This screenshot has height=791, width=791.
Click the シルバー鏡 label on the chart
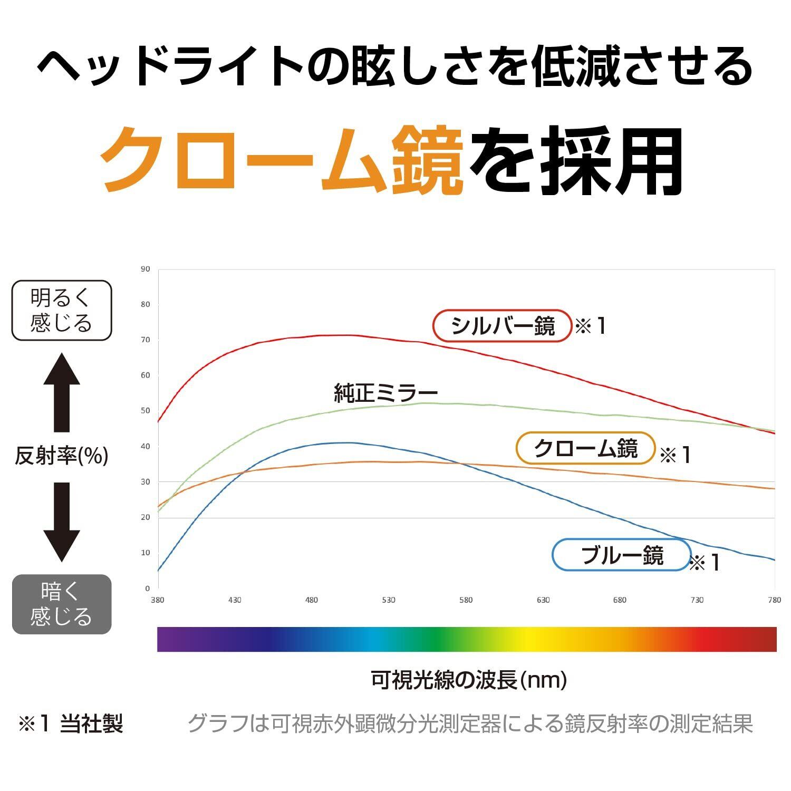[503, 326]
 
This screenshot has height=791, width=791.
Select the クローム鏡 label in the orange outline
[585, 448]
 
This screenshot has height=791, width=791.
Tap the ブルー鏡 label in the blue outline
[621, 555]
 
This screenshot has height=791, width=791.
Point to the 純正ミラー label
[386, 393]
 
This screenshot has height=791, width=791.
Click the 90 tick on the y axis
[146, 269]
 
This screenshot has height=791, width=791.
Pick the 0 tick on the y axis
[148, 589]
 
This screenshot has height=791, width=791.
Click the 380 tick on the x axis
[157, 600]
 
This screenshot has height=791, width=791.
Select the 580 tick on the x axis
[466, 600]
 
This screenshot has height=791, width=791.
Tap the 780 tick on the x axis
[775, 600]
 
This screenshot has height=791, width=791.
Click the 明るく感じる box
[62, 310]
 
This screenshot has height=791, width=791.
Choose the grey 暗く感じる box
[62, 604]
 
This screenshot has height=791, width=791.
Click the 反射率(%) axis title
[62, 456]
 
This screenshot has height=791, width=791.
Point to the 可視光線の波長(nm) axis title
[469, 680]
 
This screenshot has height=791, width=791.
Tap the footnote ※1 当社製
[71, 724]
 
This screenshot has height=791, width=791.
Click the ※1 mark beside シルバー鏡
[591, 326]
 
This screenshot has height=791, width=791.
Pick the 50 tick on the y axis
[146, 411]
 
